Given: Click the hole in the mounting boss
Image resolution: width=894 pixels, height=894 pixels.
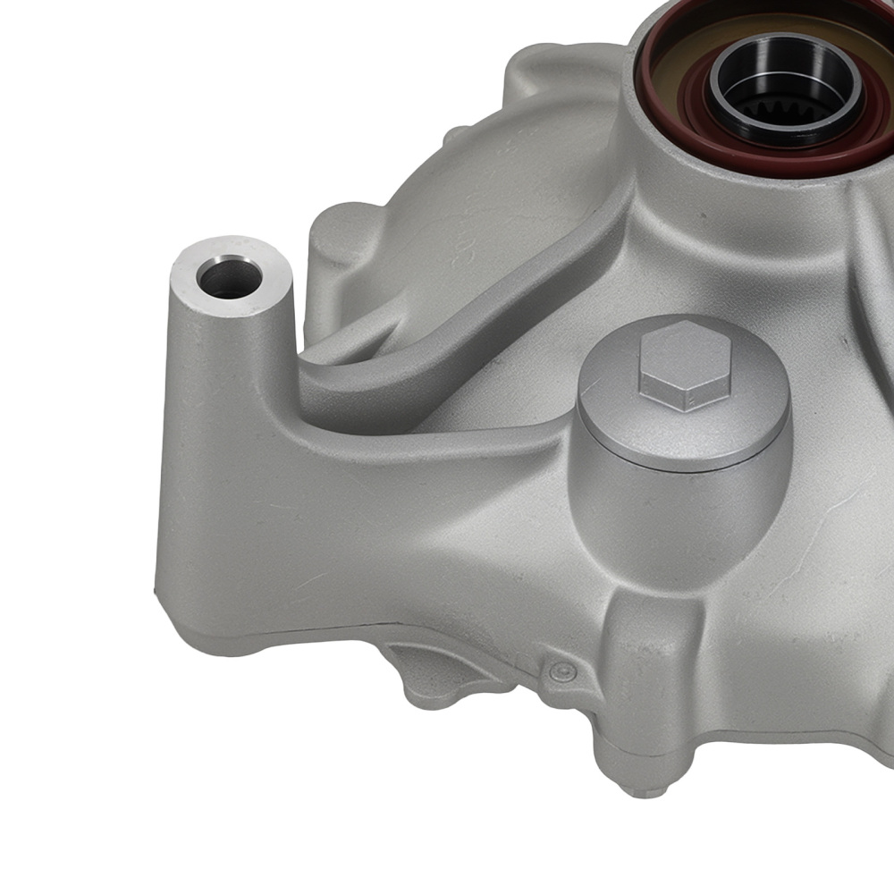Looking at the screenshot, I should pyautogui.click(x=230, y=279).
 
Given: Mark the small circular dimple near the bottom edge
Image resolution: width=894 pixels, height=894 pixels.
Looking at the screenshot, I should pyautogui.click(x=561, y=672).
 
